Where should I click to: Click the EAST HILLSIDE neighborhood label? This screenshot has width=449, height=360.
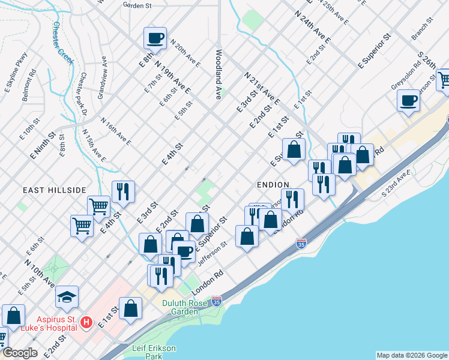click(55, 190)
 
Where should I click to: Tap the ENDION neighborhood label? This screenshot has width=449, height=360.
click(273, 184)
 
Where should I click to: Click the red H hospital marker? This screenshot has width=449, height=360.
click(86, 323)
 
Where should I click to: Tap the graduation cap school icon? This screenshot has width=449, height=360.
click(67, 296)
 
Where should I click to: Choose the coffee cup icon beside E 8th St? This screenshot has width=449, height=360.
click(155, 38)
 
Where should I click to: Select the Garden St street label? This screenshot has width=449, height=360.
click(136, 5)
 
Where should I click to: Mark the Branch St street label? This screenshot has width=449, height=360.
click(423, 28)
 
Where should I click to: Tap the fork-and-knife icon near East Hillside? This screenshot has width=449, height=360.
click(123, 191)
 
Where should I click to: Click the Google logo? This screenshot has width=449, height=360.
click(20, 353)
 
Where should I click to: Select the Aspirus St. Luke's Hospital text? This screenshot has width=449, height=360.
click(41, 323)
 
